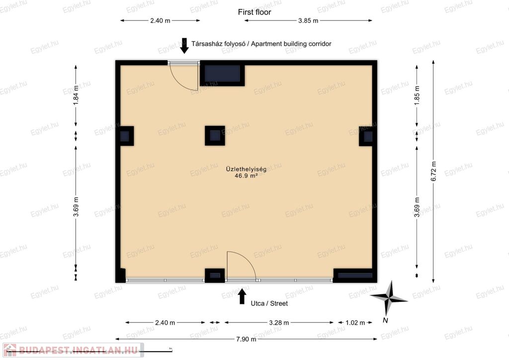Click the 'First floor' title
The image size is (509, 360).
coord(254,12)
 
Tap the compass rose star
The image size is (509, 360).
coord(389,298)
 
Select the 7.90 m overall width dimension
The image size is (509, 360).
coord(246,339)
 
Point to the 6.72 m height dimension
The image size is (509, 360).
coord(433,171)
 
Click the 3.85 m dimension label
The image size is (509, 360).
coord(308,20)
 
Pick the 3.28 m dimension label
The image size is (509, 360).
coord(279,323)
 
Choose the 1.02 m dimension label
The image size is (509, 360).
coord(355,323)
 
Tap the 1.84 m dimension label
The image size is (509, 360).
coord(76,94)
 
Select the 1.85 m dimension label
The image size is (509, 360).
coord(417,95)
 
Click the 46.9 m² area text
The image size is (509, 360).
coord(246,176)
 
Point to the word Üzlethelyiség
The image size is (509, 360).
coord(246,169)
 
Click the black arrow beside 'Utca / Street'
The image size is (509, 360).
coord(242,296)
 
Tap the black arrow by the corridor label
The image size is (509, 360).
coord(184,46)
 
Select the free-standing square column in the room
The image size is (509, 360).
coord(215,136)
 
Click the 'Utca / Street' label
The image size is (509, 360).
coord(269,303)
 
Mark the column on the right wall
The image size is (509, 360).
coord(368,136)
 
